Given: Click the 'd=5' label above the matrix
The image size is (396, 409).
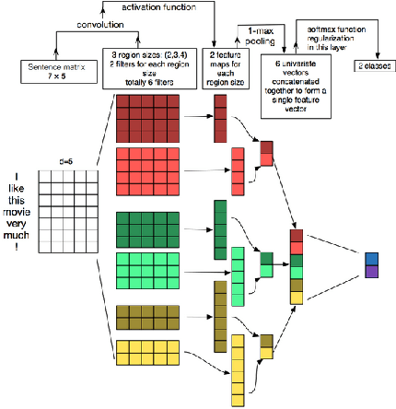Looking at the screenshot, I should point(68,164).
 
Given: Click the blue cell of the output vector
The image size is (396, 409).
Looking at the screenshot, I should point(371,259).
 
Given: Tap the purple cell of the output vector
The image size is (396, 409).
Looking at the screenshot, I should point(371,272).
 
